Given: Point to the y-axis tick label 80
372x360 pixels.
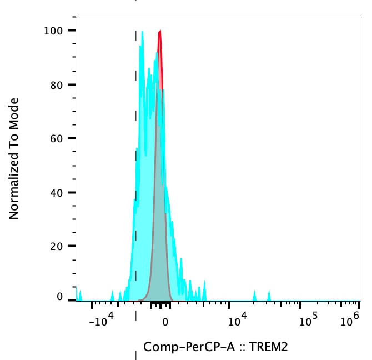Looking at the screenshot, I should (56, 84).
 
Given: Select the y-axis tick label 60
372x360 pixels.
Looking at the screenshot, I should (56, 138).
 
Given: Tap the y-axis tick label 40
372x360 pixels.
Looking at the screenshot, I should (56, 192).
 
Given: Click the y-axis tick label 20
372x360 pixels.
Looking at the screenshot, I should (56, 246).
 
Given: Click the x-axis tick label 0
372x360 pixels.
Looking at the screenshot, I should (164, 321).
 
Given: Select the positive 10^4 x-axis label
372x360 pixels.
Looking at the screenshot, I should (238, 319).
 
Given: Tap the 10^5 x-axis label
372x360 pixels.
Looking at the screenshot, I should (308, 319).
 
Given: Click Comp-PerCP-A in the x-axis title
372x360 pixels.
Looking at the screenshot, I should (188, 348).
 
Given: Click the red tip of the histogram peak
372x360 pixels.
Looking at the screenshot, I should (160, 33).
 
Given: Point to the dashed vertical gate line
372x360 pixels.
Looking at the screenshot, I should (136, 167).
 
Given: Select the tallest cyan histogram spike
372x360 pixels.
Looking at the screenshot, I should (143, 33).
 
